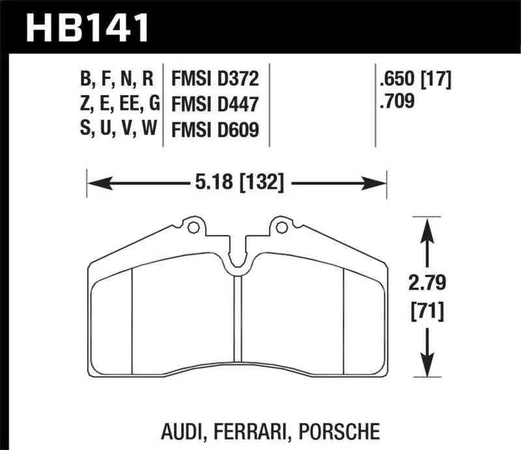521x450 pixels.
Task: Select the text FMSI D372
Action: [215, 79]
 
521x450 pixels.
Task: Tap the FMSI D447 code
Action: [216, 104]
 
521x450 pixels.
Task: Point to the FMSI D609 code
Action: [216, 130]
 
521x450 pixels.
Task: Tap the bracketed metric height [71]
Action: [427, 312]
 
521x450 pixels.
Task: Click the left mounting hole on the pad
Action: [192, 228]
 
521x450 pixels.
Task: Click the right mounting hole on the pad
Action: [281, 228]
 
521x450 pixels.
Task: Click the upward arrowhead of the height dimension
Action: [427, 225]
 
